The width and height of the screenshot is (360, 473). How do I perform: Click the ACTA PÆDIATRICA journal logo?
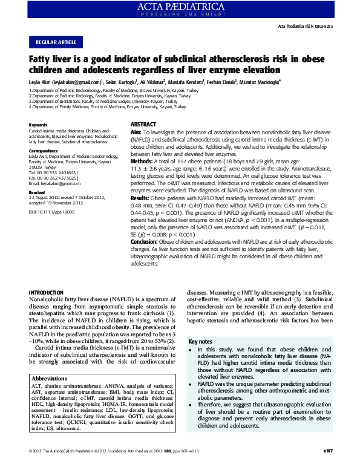tap(180, 8)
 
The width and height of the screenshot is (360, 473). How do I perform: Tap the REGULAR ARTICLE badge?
tap(56, 42)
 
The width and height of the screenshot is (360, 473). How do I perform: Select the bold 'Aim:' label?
tap(136, 131)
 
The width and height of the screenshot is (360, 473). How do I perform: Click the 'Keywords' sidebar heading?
tap(38, 125)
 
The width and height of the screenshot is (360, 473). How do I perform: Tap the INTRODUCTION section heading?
tap(50, 293)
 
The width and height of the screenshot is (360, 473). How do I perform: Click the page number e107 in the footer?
tap(328, 468)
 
